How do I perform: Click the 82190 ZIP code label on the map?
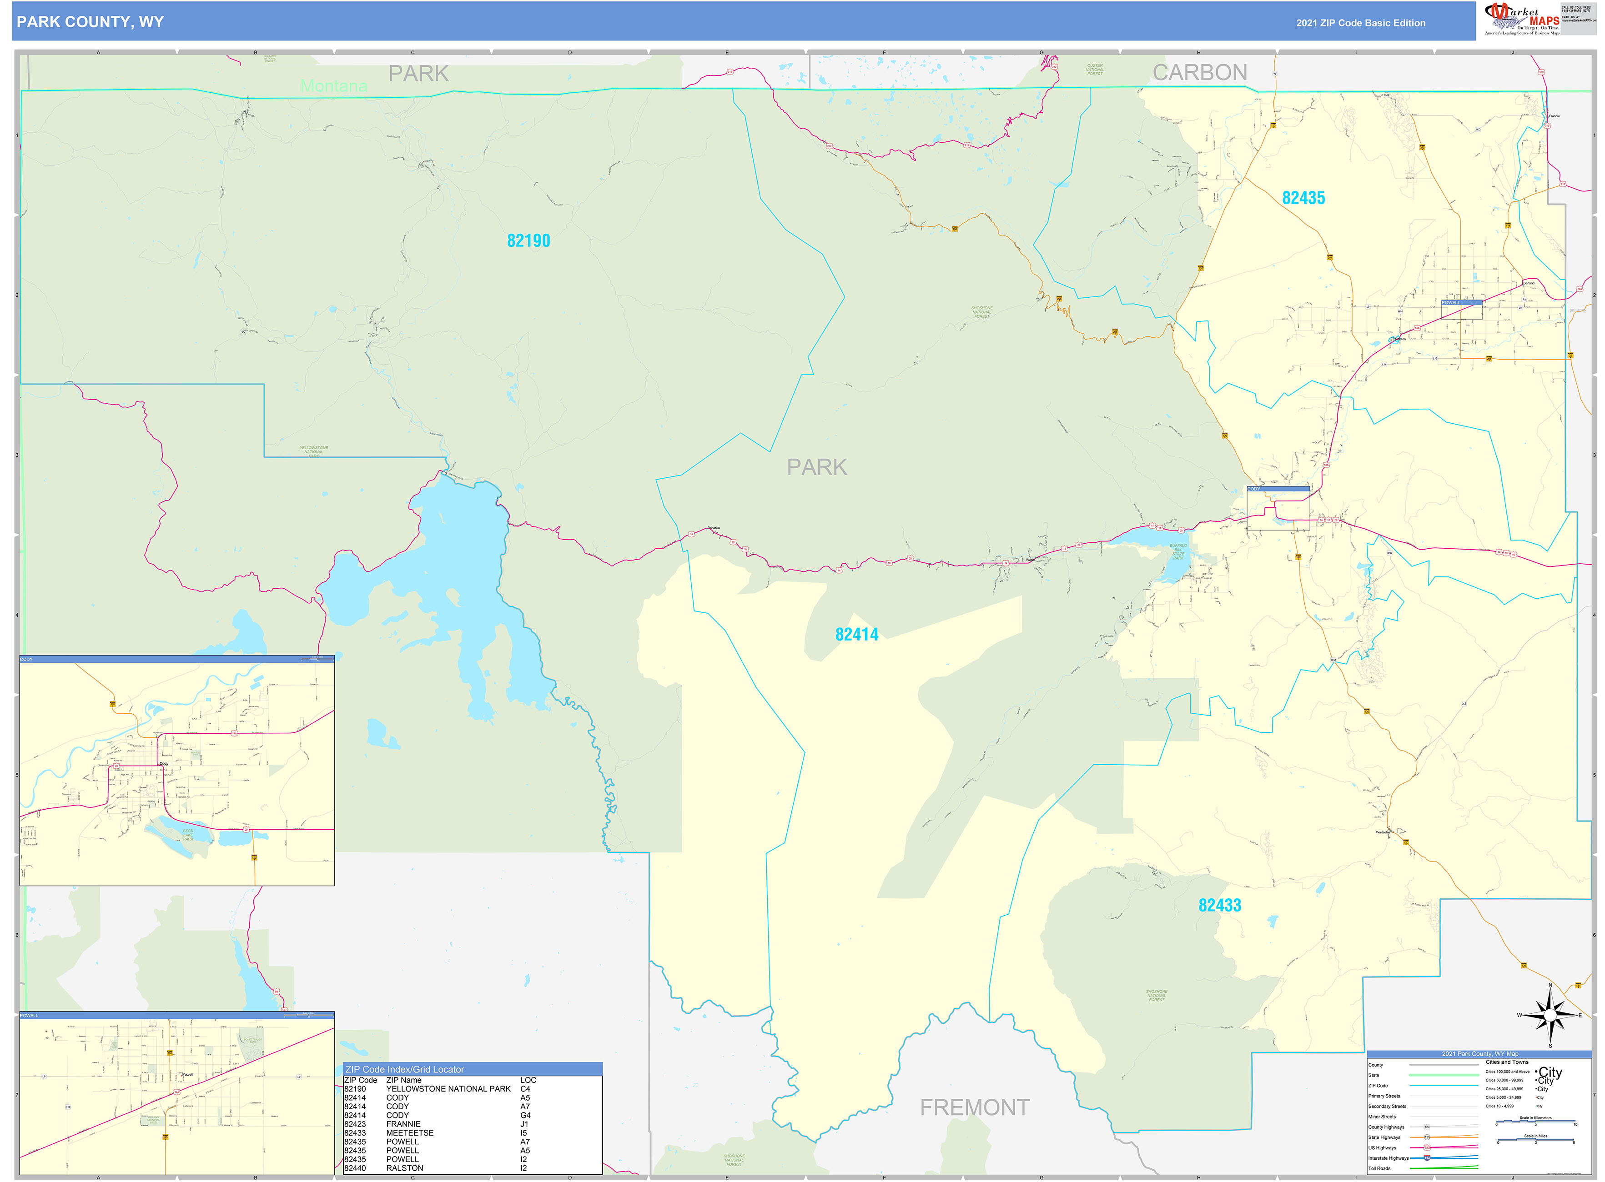click(x=528, y=241)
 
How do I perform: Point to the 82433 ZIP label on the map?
click(x=1219, y=906)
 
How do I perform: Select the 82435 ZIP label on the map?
click(x=1303, y=198)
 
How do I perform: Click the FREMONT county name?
click(x=974, y=1107)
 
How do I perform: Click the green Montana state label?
click(x=334, y=86)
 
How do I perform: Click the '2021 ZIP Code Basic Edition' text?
click(x=1360, y=23)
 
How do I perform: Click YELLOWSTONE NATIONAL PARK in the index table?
click(x=448, y=1089)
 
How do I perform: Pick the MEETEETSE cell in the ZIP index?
click(x=409, y=1132)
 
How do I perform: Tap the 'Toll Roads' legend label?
click(x=1379, y=1168)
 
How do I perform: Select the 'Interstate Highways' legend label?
click(x=1387, y=1157)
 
